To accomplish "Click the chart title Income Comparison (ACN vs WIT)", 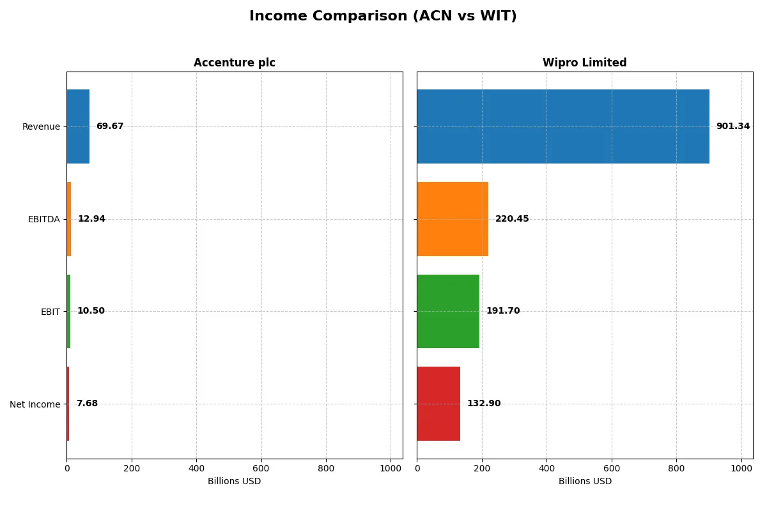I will click(383, 16).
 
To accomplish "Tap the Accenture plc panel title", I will click(234, 63).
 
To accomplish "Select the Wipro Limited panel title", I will click(584, 63).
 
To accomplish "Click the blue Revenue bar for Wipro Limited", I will click(562, 126).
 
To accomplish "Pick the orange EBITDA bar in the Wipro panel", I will click(453, 219).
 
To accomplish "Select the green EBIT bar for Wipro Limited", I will click(448, 311).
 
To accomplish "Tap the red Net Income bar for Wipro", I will click(438, 404).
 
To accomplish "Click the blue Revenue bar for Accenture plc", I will click(78, 126).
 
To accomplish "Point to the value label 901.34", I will click(732, 126).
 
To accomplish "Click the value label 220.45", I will click(512, 219).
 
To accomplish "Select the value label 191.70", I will click(503, 311).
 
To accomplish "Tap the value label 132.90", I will click(484, 404).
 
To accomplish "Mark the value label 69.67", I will click(110, 126).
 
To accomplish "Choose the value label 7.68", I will click(87, 404).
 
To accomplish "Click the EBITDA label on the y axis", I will click(44, 219).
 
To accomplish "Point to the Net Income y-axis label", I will click(35, 404).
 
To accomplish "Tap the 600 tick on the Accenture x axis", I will click(261, 468).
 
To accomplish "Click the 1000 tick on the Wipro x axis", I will click(741, 468).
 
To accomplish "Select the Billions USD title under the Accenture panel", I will click(234, 481).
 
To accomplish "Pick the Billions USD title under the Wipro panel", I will click(584, 481).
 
